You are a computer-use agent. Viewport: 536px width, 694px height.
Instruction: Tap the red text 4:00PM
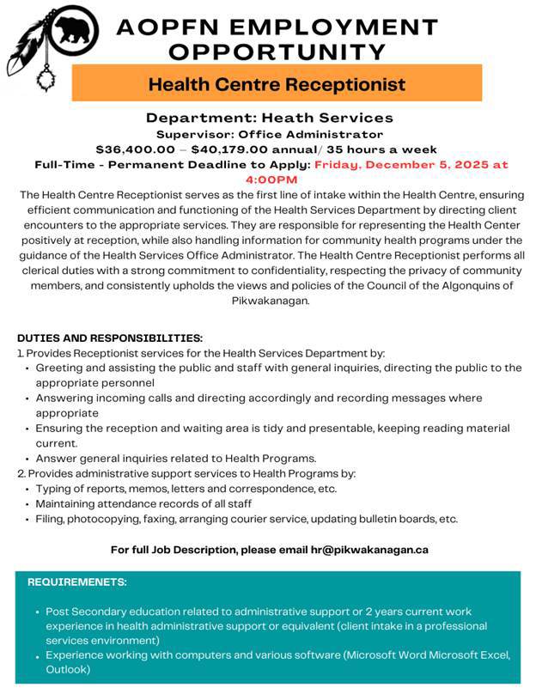pos(271,180)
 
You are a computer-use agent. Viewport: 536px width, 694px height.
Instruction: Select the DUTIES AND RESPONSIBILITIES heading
pos(110,338)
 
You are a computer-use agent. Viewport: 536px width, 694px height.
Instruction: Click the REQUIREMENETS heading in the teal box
pos(77,582)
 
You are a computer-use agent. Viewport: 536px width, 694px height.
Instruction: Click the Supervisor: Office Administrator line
pos(269,134)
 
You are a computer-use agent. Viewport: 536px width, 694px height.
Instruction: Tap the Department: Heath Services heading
pos(269,118)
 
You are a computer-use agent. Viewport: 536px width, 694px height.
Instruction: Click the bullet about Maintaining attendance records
pos(143,503)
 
